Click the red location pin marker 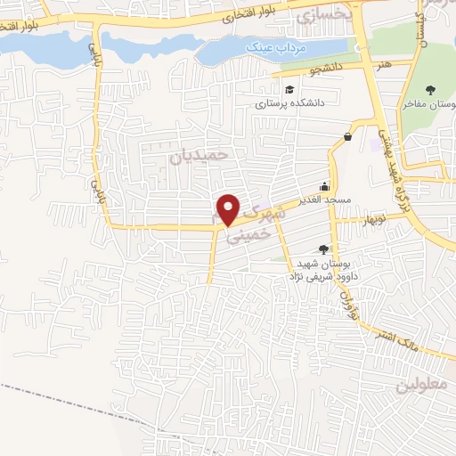tap(229, 208)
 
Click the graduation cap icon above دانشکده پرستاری tap(289, 89)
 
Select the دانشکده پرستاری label tap(286, 103)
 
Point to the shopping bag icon tap(346, 136)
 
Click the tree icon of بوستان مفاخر tap(432, 89)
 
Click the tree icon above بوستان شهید tap(322, 249)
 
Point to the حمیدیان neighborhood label tap(199, 154)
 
